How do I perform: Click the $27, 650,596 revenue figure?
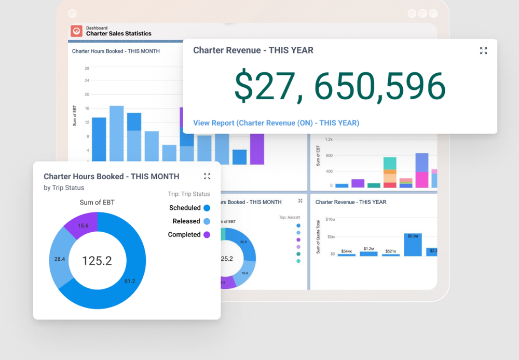[x=340, y=86]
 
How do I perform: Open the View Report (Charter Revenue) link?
[x=276, y=123]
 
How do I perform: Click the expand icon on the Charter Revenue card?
[x=483, y=50]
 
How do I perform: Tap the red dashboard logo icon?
[x=77, y=31]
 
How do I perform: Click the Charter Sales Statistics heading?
[x=118, y=34]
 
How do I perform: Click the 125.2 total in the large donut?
[x=97, y=261]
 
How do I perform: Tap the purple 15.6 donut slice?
[x=82, y=225]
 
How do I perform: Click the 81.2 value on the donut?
[x=129, y=282]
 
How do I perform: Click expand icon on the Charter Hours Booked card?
[x=207, y=177]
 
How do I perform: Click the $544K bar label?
[x=346, y=251]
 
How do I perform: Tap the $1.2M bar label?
[x=369, y=249]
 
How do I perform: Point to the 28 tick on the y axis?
[x=87, y=68]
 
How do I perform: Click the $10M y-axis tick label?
[x=330, y=220]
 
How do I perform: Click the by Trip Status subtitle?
[x=64, y=188]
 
